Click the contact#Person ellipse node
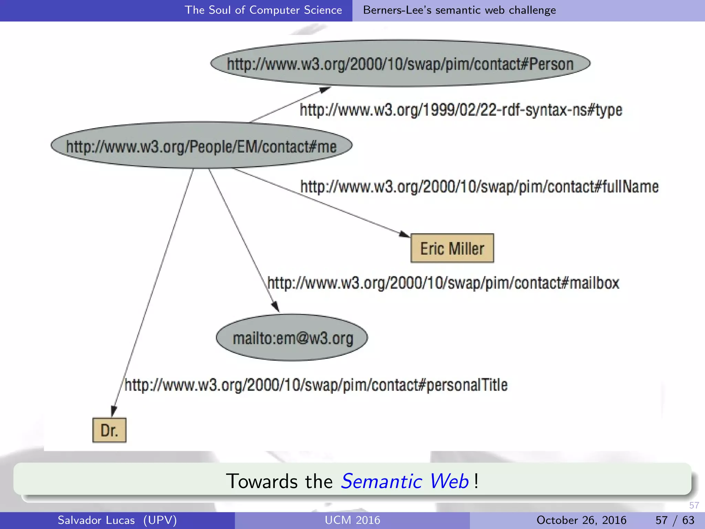(x=400, y=64)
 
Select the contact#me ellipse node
(x=201, y=146)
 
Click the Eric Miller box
(x=452, y=248)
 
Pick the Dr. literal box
(x=109, y=430)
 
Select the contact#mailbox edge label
(x=443, y=283)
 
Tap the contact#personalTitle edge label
(x=316, y=385)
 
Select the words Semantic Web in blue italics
(x=404, y=481)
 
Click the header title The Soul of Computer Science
(x=263, y=10)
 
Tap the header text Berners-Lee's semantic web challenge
(x=459, y=10)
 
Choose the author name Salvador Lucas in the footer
(x=96, y=520)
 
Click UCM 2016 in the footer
(x=352, y=520)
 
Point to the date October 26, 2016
(x=581, y=520)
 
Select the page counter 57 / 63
(x=675, y=520)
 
